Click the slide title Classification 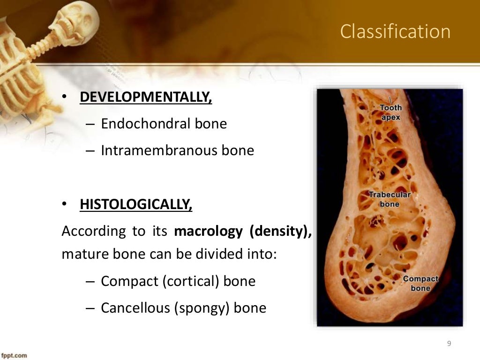(395, 32)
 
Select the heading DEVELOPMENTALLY (146, 97)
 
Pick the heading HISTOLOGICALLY (136, 205)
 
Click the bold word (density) (281, 232)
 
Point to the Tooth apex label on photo (390, 112)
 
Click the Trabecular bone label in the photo (389, 199)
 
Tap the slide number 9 (449, 344)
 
